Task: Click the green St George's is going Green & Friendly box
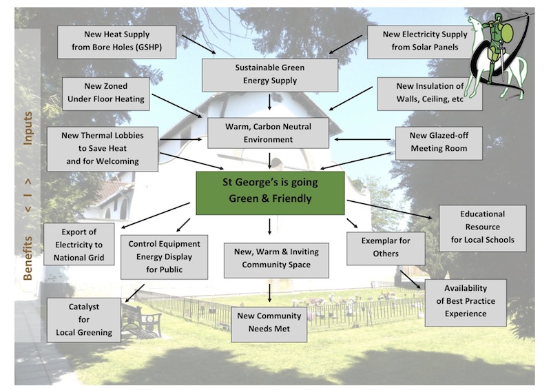pyautogui.click(x=269, y=192)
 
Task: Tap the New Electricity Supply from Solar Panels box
pyautogui.click(x=419, y=42)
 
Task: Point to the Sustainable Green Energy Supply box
pyautogui.click(x=269, y=74)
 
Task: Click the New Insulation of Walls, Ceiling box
pyautogui.click(x=429, y=94)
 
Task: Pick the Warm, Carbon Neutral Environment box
pyautogui.click(x=269, y=133)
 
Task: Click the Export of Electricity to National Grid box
pyautogui.click(x=79, y=245)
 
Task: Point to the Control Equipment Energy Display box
pyautogui.click(x=165, y=256)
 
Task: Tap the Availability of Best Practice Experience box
pyautogui.click(x=466, y=301)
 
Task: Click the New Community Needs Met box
pyautogui.click(x=269, y=322)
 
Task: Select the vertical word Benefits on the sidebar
pyautogui.click(x=28, y=256)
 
